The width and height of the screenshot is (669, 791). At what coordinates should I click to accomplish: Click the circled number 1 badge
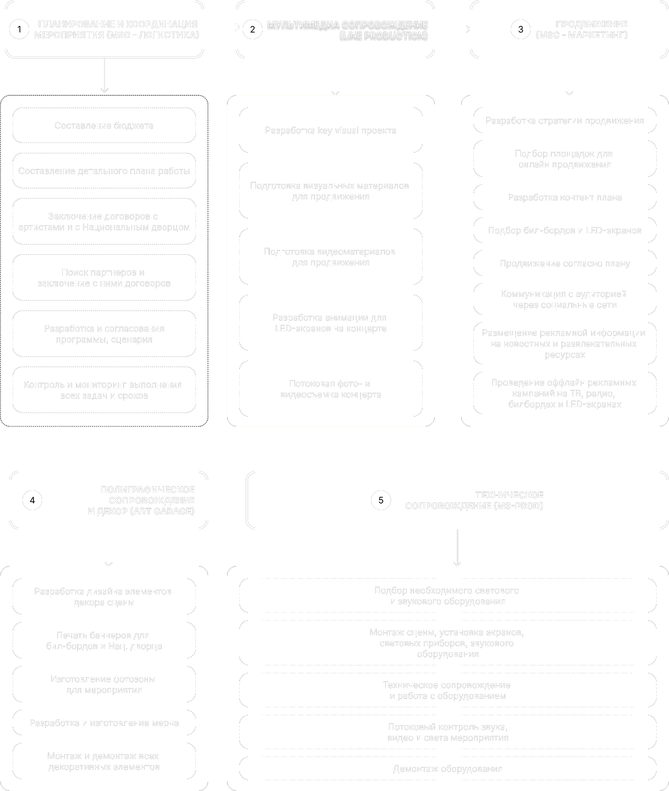tap(19, 30)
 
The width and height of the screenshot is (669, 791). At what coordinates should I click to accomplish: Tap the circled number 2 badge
tap(252, 30)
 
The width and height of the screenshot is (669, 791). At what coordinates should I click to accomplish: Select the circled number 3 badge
tap(520, 30)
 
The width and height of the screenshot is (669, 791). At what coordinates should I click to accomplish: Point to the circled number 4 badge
tap(32, 500)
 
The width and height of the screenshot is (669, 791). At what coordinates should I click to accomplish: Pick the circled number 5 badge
tap(381, 500)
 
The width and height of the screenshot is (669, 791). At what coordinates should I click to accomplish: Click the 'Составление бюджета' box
tap(104, 126)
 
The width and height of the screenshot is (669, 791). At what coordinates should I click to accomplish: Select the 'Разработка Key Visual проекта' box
tap(331, 131)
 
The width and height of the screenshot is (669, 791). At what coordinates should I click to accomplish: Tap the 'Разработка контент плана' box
tap(565, 199)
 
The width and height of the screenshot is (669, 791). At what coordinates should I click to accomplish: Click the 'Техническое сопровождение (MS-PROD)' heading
tap(474, 500)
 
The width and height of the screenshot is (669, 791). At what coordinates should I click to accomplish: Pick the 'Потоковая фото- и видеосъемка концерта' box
tap(331, 390)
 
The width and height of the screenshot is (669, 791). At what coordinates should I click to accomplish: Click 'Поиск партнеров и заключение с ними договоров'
tap(104, 278)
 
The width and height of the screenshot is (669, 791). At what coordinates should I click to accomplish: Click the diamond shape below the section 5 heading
tap(458, 546)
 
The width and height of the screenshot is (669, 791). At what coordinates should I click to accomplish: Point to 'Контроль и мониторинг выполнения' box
tap(104, 390)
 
